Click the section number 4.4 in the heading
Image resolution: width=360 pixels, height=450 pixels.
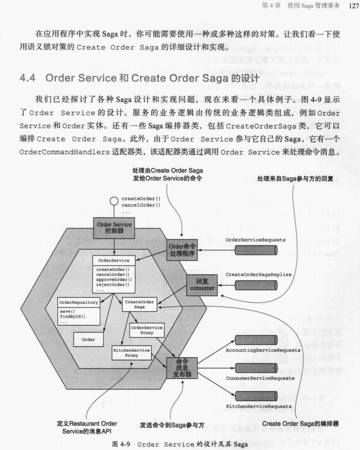(28, 78)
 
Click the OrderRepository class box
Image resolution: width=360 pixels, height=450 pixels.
(78, 312)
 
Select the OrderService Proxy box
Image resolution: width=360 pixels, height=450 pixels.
(147, 331)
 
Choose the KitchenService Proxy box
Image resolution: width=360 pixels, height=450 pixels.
(131, 352)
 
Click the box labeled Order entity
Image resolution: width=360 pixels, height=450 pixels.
(88, 340)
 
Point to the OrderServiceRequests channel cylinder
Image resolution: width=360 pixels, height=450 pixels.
(256, 250)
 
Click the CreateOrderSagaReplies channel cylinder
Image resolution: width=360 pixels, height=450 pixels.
(256, 284)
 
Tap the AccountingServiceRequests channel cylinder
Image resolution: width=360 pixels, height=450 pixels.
(256, 340)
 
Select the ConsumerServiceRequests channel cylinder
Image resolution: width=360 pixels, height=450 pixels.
(256, 368)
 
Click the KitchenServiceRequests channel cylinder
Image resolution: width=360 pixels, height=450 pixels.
(256, 396)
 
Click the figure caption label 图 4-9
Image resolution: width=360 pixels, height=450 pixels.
(121, 444)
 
